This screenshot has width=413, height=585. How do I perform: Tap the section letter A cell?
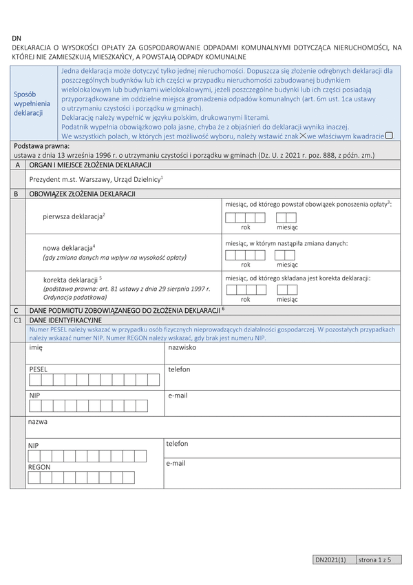(17, 165)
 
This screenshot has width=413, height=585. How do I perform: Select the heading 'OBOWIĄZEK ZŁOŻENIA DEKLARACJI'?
(82, 194)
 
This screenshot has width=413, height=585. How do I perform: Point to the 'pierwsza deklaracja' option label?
(73, 216)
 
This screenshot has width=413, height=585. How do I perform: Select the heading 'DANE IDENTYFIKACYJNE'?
(65, 320)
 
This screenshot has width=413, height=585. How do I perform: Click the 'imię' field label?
(35, 348)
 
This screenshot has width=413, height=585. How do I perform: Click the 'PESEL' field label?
(39, 369)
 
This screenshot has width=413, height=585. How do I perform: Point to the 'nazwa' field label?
(38, 420)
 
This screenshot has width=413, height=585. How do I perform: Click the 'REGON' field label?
(39, 467)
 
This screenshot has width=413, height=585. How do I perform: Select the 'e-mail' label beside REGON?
(176, 463)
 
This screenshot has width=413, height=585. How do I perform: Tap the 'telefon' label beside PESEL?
(179, 369)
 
